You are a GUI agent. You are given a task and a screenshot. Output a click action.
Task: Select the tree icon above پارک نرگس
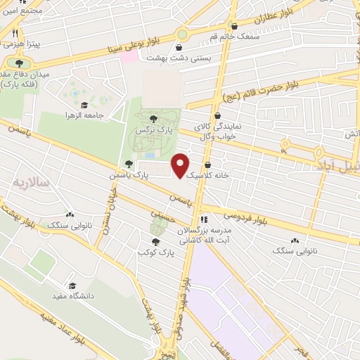click(153, 117)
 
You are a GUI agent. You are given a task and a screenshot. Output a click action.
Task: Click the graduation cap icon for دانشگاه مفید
click(74, 285)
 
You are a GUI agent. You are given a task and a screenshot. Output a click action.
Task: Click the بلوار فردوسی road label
click(247, 218)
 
